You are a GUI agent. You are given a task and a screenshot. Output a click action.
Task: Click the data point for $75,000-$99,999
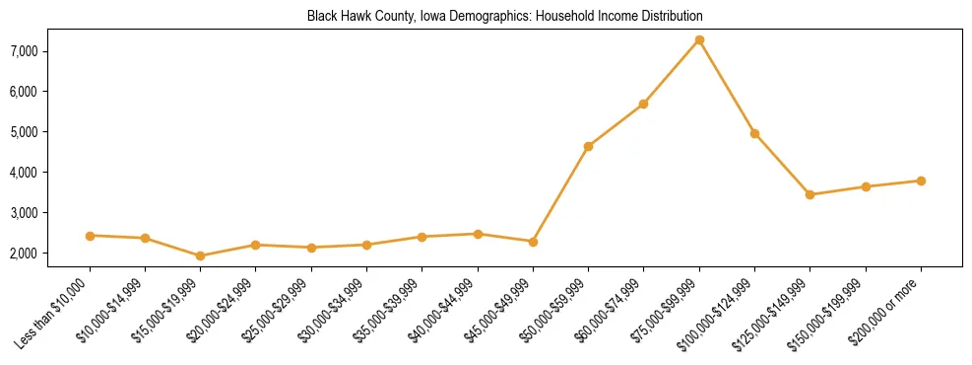(699, 39)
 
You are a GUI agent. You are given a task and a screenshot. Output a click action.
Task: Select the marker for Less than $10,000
(90, 236)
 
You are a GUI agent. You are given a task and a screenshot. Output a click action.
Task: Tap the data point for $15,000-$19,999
(201, 255)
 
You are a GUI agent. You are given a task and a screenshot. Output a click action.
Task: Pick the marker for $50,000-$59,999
(588, 146)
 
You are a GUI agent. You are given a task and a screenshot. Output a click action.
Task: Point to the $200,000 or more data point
(921, 181)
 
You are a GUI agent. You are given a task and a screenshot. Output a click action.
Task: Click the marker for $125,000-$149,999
(810, 194)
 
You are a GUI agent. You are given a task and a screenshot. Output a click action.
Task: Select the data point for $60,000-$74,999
(643, 104)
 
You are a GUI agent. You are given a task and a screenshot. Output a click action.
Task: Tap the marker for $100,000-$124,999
(754, 133)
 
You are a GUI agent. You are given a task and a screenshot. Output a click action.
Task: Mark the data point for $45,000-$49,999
(533, 242)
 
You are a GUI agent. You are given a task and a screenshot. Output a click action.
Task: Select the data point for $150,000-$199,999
(866, 186)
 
